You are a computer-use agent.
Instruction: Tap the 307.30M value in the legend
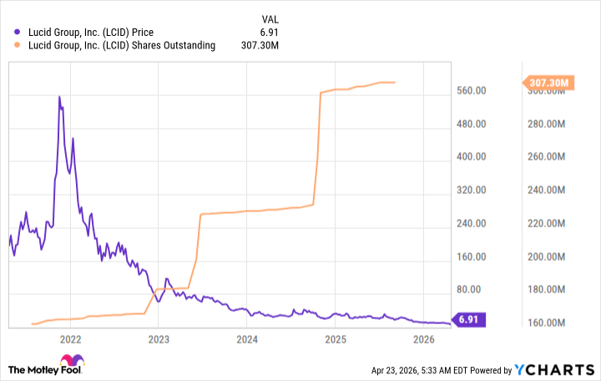281,45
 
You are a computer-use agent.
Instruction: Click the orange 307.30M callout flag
548,83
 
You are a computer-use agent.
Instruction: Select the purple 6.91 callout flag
466,319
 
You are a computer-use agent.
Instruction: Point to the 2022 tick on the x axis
70,339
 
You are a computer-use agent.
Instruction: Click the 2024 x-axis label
247,339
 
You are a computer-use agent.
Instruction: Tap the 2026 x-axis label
424,339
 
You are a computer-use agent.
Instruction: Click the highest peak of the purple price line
59,97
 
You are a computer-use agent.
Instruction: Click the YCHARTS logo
553,369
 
